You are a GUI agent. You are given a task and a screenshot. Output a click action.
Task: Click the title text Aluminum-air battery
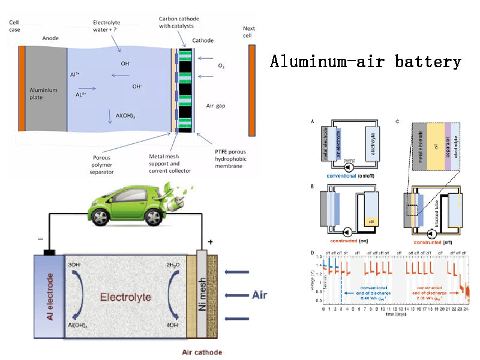click(365, 61)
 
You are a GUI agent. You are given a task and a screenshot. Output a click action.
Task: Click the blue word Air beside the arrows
click(259, 295)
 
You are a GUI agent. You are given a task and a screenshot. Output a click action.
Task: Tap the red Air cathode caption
click(202, 352)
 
